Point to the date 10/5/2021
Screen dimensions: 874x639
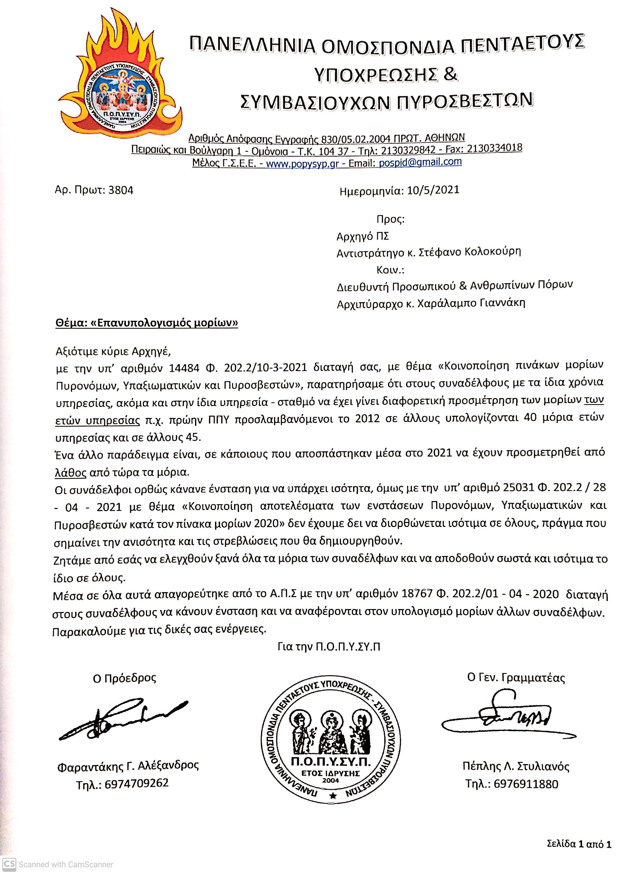point(433,190)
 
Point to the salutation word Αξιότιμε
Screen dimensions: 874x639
point(77,352)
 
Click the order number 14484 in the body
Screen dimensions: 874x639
point(184,367)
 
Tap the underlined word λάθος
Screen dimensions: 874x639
point(70,473)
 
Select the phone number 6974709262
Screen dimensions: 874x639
point(136,783)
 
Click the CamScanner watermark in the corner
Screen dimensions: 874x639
point(58,864)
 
